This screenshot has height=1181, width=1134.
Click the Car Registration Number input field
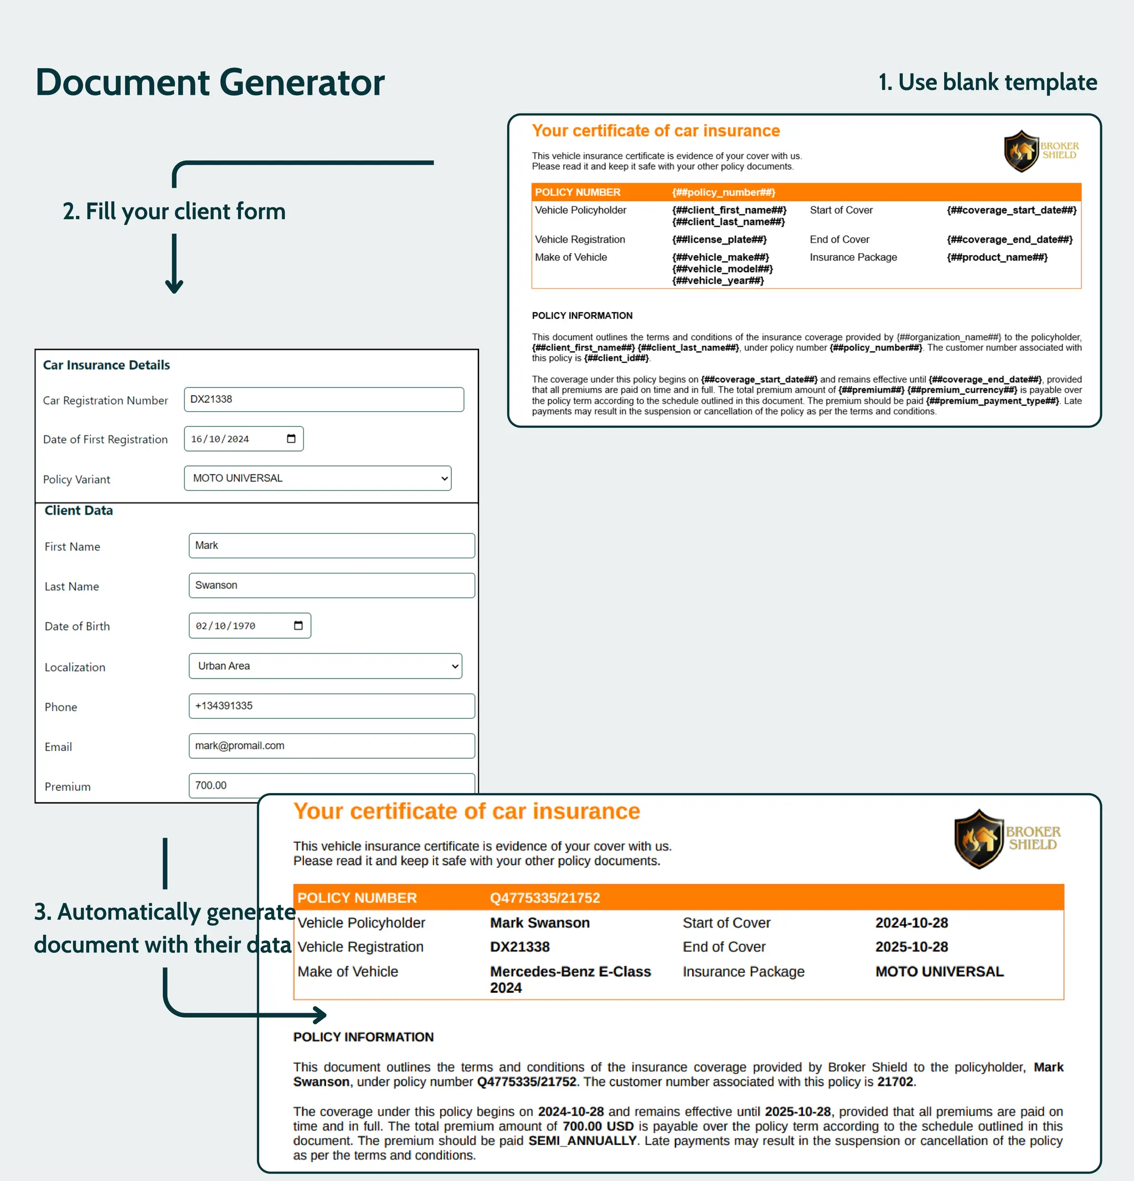[324, 400]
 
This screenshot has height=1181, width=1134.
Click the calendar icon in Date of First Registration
[291, 439]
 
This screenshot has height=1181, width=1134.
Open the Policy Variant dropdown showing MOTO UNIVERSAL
[318, 478]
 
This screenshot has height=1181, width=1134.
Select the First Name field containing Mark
[332, 546]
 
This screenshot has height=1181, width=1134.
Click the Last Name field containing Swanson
[332, 586]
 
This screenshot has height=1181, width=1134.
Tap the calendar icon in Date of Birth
[298, 625]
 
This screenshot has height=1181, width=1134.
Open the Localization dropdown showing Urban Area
[326, 666]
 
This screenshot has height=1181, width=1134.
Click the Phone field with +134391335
[332, 706]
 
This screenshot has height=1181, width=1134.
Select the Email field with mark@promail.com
[332, 746]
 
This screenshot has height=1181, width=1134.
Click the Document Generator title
[210, 82]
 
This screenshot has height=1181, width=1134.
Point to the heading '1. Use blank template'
[987, 82]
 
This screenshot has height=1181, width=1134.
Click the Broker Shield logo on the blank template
[1040, 151]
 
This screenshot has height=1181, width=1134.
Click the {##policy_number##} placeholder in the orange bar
[724, 192]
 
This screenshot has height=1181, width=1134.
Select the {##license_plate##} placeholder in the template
[719, 240]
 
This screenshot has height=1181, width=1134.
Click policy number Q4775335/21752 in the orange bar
[545, 898]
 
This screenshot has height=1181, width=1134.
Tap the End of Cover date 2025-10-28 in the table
[911, 946]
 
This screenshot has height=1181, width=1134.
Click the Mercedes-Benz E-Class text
[570, 971]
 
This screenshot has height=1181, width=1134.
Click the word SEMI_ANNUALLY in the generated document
[583, 1141]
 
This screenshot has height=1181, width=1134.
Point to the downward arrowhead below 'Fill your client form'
[174, 286]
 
